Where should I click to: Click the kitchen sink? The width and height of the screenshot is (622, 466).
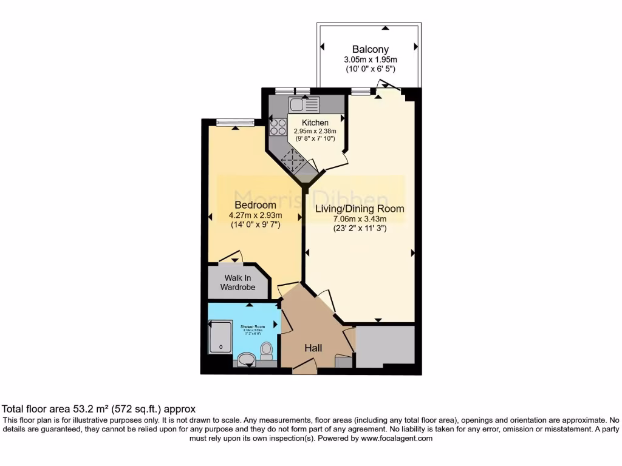point(304,105)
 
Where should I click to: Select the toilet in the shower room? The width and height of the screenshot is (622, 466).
point(266,350)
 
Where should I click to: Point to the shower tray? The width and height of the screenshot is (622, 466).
point(219,337)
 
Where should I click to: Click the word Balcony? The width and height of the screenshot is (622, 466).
point(370,49)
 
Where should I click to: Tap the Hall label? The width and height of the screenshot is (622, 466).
point(313,348)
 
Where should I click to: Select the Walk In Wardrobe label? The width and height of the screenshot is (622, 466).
point(237,283)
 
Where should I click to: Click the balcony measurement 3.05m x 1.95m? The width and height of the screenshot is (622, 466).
point(370,59)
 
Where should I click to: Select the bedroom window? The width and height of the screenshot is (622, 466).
point(235,122)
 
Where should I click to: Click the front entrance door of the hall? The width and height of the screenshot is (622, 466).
point(304,366)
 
